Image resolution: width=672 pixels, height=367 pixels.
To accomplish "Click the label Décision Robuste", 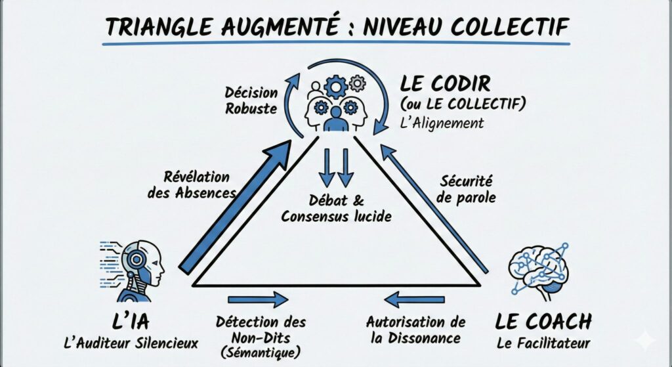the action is click(251, 100).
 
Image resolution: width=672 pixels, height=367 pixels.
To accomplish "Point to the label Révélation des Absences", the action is click(192, 184).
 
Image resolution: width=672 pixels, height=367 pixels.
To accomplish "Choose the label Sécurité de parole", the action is click(467, 188).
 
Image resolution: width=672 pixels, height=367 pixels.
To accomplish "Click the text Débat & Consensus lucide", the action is click(336, 208).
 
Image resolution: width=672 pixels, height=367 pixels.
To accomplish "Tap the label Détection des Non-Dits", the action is click(261, 330).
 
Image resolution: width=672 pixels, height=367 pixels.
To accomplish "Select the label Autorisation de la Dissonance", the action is click(415, 330).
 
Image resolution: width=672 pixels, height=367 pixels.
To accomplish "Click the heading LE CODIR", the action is click(445, 83).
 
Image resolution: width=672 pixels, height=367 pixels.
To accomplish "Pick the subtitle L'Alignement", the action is click(442, 123).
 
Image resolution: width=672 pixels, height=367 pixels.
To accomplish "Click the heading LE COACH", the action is click(543, 322).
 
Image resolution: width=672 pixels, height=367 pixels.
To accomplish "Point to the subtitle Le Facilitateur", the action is click(543, 343).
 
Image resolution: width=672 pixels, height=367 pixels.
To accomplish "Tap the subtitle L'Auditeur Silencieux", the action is click(131, 343).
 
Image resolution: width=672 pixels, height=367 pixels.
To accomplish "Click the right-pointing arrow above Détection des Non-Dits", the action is click(258, 299).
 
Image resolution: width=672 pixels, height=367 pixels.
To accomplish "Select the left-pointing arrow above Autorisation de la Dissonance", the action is click(415, 299).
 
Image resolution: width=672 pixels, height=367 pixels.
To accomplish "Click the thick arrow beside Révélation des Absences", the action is click(236, 206).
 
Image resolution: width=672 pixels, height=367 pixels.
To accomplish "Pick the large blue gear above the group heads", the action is click(336, 87).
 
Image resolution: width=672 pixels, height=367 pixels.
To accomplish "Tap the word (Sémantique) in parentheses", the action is click(261, 353).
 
